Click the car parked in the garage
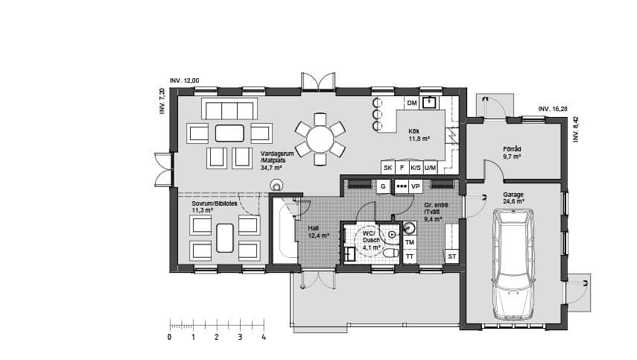(513, 265)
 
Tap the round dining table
(320, 139)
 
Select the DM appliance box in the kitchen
(412, 103)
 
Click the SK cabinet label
(388, 168)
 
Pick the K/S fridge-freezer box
(416, 168)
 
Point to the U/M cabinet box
(430, 168)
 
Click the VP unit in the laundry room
(415, 186)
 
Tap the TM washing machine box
(410, 242)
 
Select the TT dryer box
(410, 256)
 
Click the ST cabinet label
(452, 257)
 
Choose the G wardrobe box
(383, 186)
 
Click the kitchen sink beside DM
(429, 102)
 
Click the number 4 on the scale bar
(264, 337)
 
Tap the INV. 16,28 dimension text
(553, 109)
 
